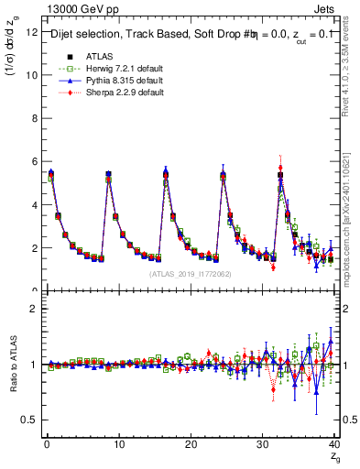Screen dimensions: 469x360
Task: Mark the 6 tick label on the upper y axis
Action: click(x=33, y=161)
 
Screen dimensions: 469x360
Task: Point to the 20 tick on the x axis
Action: click(x=190, y=445)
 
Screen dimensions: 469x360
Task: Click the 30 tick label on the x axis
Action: click(x=262, y=445)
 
